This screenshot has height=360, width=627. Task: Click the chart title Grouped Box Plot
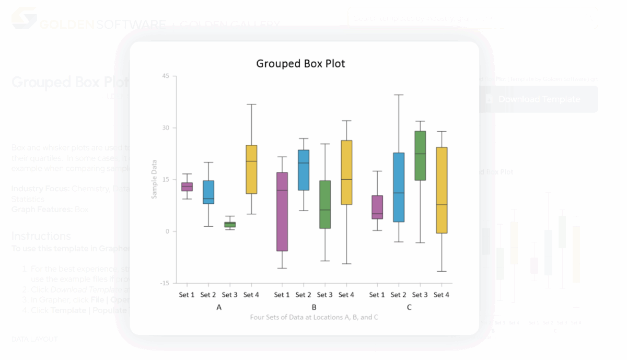tap(300, 64)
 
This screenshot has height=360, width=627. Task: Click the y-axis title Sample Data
tap(154, 179)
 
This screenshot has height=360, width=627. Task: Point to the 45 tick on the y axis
tap(166, 76)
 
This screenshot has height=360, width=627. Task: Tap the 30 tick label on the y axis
tap(166, 128)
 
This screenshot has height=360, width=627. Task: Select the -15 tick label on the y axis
tap(165, 283)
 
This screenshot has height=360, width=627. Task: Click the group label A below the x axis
tap(219, 307)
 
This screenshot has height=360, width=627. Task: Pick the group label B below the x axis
tap(314, 307)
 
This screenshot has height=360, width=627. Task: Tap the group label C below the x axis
tap(409, 307)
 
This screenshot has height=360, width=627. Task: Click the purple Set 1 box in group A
tap(187, 187)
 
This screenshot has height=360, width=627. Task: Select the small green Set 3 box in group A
tap(230, 225)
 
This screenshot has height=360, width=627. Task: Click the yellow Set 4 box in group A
tap(251, 169)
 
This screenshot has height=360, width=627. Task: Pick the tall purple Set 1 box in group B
tap(282, 212)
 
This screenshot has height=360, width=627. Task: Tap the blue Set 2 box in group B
tap(303, 170)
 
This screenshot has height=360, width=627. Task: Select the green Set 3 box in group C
tap(420, 156)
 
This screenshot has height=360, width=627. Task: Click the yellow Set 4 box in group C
tap(442, 190)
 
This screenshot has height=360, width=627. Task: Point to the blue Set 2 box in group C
tap(398, 187)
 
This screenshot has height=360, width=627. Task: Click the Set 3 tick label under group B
tap(324, 295)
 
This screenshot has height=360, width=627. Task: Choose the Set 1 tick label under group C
tap(377, 295)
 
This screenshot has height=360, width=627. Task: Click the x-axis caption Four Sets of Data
tap(314, 317)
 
